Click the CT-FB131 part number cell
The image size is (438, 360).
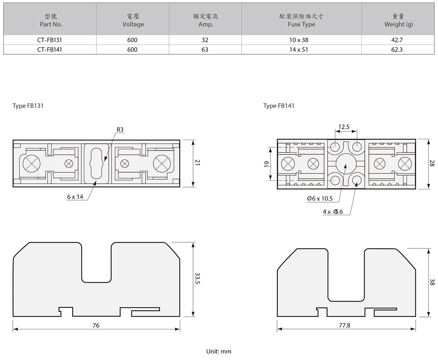click(x=50, y=40)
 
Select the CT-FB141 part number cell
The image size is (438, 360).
click(x=50, y=49)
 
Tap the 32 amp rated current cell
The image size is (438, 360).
click(x=205, y=40)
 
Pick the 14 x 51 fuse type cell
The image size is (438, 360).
click(x=301, y=49)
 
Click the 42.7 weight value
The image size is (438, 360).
click(x=397, y=40)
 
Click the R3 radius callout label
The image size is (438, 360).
click(x=120, y=130)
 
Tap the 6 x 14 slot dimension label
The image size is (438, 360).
click(x=75, y=197)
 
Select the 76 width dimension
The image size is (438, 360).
click(x=96, y=325)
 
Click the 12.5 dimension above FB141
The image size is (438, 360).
click(x=344, y=127)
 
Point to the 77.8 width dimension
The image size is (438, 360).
click(x=345, y=325)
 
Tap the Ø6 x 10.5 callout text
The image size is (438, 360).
click(x=320, y=199)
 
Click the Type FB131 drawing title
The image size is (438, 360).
click(x=28, y=106)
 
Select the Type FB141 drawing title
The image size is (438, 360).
click(x=279, y=106)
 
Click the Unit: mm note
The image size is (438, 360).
click(x=219, y=352)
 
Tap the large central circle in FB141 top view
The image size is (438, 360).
click(x=346, y=164)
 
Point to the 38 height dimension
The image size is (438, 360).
click(x=432, y=282)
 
